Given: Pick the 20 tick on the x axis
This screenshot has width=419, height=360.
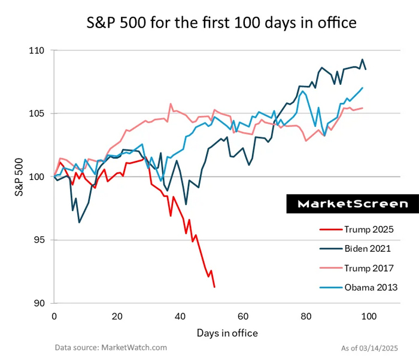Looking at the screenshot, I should pos(117,316).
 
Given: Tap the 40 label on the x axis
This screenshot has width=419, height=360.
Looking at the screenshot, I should pos(180,316).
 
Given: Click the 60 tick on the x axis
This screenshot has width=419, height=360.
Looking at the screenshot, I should pos(243,316).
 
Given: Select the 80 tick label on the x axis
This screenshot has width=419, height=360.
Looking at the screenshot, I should pos(306,316).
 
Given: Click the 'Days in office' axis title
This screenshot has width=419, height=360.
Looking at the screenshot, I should pos(227,332).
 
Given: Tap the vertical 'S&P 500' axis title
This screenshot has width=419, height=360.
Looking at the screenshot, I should pos(19,177).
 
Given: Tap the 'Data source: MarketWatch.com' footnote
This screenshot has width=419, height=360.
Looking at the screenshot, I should pos(111,347).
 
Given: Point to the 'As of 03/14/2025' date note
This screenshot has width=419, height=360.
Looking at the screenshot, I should pos(374,347).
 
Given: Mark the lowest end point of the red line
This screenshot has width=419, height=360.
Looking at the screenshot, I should pos(214,287).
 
